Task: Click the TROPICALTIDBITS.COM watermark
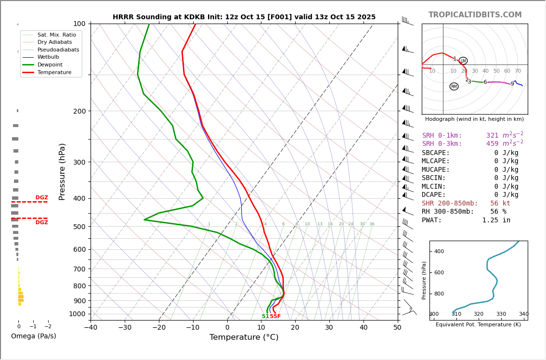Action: pyautogui.click(x=475, y=15)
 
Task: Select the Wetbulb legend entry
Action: pyautogui.click(x=48, y=57)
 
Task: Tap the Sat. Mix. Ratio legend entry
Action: pyautogui.click(x=56, y=35)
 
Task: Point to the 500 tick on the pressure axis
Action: pyautogui.click(x=79, y=227)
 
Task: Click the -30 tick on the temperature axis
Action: pyautogui.click(x=125, y=328)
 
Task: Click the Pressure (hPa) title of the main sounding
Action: pyautogui.click(x=62, y=171)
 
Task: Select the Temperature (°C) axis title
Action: pyautogui.click(x=244, y=337)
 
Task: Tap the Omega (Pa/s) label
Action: pyautogui.click(x=33, y=336)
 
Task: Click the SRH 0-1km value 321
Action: pyautogui.click(x=492, y=136)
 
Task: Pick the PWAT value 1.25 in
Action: pyautogui.click(x=496, y=220)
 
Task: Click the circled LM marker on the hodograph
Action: pyautogui.click(x=463, y=61)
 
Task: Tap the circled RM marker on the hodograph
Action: pyautogui.click(x=454, y=87)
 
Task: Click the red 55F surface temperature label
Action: pyautogui.click(x=275, y=317)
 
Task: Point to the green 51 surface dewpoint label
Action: pyautogui.click(x=265, y=317)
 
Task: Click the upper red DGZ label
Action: pyautogui.click(x=41, y=198)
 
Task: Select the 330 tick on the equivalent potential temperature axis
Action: pyautogui.click(x=501, y=314)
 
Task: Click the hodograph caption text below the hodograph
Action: pyautogui.click(x=474, y=119)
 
